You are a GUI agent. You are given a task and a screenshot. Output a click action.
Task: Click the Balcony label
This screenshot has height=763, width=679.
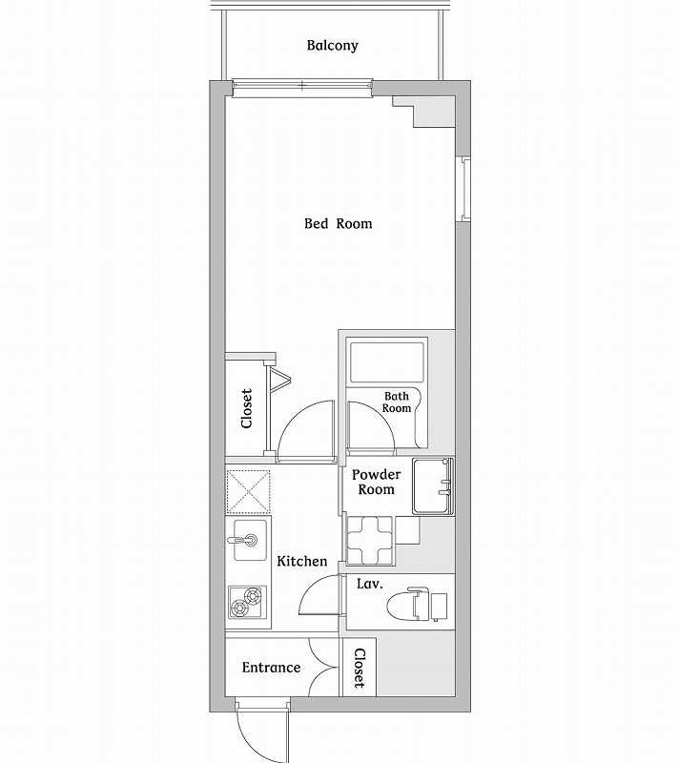tap(333, 46)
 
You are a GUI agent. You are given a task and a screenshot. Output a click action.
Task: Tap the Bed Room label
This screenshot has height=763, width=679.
tap(338, 224)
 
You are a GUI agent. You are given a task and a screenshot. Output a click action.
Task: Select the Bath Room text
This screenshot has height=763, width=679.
tap(397, 402)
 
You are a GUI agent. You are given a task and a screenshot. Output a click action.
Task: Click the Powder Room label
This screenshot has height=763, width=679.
tap(375, 482)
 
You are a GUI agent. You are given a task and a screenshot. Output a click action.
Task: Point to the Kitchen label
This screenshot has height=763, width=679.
tap(302, 562)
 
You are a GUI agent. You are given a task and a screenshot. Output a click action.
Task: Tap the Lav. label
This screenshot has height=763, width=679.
tap(370, 585)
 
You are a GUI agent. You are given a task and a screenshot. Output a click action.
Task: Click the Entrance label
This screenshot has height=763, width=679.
tap(271, 668)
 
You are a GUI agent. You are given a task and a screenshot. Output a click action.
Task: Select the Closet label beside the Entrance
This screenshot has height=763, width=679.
tap(360, 669)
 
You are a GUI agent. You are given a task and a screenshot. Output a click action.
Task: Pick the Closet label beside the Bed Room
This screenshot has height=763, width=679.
tap(246, 407)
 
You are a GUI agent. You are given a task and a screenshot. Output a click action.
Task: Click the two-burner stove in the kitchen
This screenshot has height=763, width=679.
tap(248, 600)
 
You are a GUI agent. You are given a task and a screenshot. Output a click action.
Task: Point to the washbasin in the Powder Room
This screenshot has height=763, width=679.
tap(433, 487)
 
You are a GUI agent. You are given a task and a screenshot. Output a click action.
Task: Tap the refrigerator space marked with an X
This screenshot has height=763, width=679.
tap(248, 491)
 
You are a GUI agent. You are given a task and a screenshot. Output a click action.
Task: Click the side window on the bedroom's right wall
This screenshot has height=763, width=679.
tap(465, 188)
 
